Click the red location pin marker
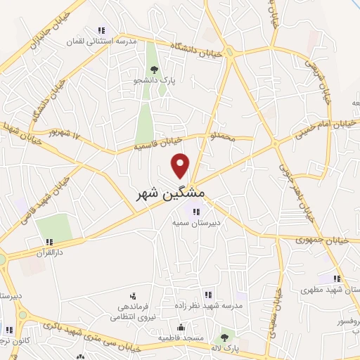point(181,165)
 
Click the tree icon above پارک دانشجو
point(153,70)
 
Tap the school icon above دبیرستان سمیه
point(197,211)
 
